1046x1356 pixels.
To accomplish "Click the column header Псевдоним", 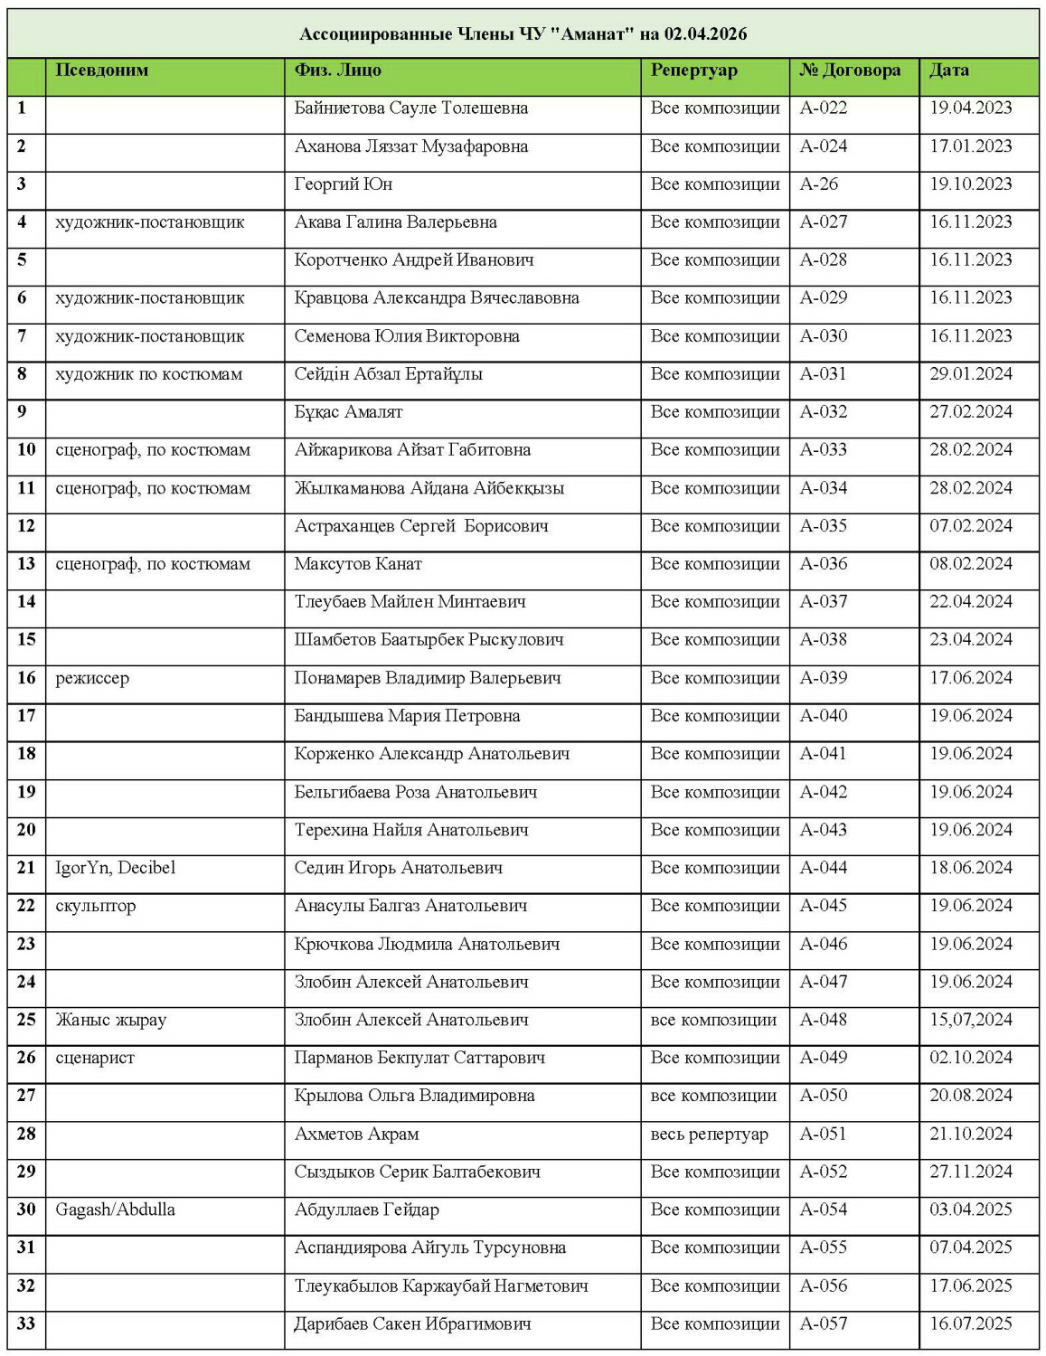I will tap(101, 71).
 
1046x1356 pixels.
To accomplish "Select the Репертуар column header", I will tap(693, 71).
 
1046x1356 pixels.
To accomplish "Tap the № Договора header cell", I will tap(850, 71).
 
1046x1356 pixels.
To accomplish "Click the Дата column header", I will tap(948, 71).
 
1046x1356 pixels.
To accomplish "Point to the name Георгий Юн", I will tap(343, 184).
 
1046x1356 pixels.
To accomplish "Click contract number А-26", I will tap(818, 184).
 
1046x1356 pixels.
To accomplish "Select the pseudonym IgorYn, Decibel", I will tap(115, 868).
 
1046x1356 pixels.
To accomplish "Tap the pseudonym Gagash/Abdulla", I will tap(115, 1210).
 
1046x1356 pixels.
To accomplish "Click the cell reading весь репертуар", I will tap(709, 1134).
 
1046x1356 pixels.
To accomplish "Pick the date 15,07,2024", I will tap(970, 1020).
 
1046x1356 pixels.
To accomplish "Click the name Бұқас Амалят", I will tap(348, 412).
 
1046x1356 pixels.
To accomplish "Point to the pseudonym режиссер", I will tap(92, 678).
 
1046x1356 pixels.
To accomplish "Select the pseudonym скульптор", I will tap(95, 906).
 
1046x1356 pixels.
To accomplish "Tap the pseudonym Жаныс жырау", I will tap(110, 1020).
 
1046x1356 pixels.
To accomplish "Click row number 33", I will tap(26, 1323).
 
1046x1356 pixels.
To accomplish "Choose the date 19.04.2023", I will tap(970, 108).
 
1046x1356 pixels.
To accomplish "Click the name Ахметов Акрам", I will tap(356, 1134).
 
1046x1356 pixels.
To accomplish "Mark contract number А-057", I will tap(823, 1323).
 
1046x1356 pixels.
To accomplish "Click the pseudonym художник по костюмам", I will tap(148, 374).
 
